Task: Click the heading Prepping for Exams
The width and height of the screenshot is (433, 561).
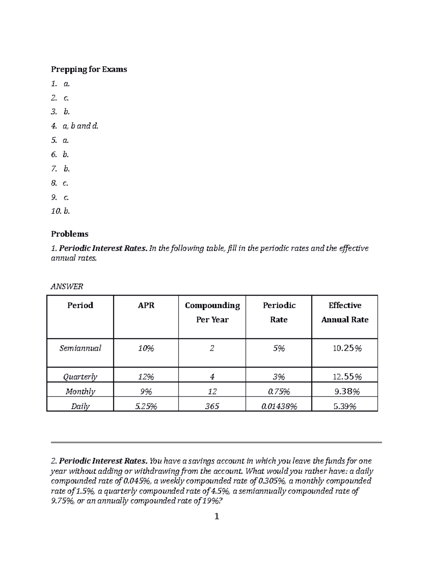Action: [89, 69]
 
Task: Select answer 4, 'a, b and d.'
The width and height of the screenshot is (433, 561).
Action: [80, 126]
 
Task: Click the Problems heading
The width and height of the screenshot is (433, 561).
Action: [70, 234]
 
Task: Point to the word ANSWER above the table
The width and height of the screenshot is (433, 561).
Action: [67, 287]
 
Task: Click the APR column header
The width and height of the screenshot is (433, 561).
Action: [146, 306]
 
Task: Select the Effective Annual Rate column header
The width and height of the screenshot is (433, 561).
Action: [345, 312]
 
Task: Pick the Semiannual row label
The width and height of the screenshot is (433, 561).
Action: [80, 348]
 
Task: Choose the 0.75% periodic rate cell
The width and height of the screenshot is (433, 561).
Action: [279, 392]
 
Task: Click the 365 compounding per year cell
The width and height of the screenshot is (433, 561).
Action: [212, 406]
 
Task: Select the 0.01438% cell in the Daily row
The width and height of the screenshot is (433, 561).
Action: [279, 406]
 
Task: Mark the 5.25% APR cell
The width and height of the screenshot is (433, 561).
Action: [146, 406]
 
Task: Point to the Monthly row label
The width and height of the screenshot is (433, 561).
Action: [80, 392]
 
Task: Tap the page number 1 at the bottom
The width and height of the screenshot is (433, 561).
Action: [216, 517]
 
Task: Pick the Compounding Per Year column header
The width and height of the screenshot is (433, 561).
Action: [212, 312]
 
